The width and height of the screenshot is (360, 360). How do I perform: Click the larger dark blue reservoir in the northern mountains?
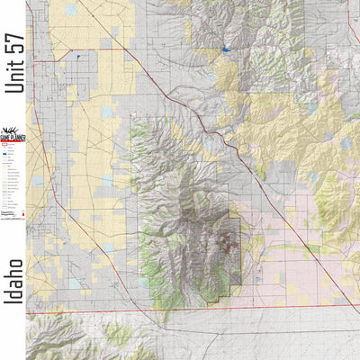point(224,49)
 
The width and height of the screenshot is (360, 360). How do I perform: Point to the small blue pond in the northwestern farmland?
point(79,57)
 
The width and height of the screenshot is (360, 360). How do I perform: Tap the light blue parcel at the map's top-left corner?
point(71,10)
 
